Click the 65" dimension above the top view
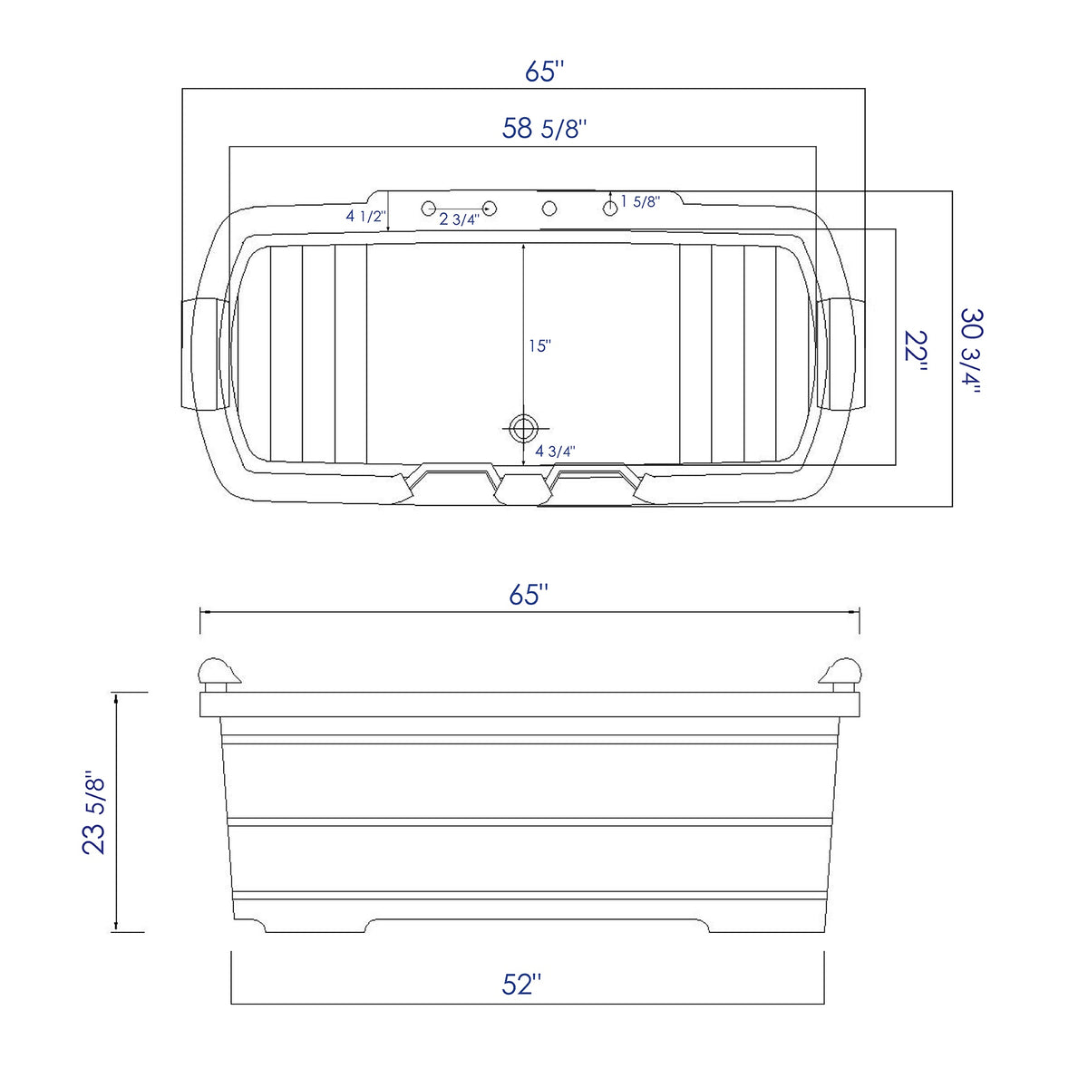coord(545,72)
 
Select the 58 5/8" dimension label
coord(545,129)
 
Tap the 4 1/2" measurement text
coord(365,216)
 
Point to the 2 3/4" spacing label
coord(459,219)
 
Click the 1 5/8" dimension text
coord(640,201)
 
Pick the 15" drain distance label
coord(539,345)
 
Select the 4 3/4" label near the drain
coord(556,451)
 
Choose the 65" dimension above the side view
coord(529,596)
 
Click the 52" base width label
coord(521,985)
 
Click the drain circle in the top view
coord(522,427)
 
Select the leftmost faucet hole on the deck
coord(429,209)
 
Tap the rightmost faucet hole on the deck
coord(610,209)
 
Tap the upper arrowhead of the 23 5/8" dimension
coord(116,696)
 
